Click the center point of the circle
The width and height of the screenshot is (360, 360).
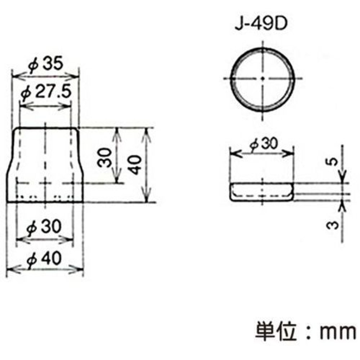click(x=263, y=78)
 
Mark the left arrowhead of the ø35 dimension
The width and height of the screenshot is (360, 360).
click(x=15, y=76)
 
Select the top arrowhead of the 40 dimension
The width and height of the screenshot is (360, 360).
click(x=146, y=131)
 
